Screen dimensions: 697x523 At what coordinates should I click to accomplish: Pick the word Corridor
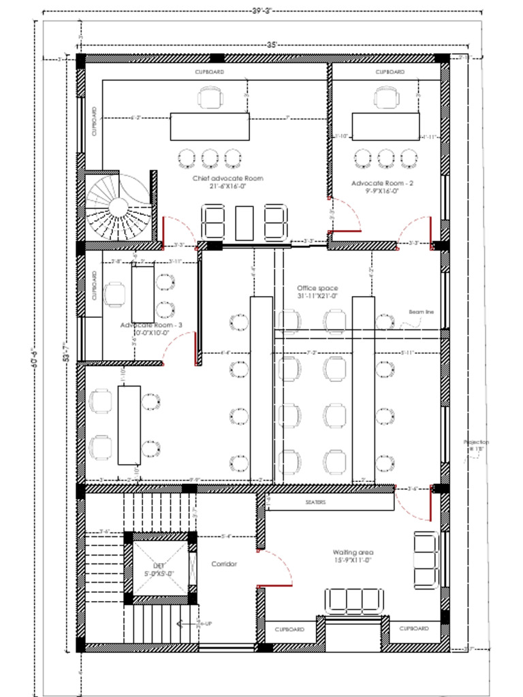[223, 564]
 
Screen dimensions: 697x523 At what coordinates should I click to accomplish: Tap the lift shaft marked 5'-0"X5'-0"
[159, 569]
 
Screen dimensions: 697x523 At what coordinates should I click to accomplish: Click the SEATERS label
[315, 502]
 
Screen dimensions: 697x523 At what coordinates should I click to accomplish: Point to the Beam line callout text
[421, 312]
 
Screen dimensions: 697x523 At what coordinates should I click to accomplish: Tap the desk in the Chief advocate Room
[210, 127]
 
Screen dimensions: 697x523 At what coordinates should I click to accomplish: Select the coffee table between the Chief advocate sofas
[244, 223]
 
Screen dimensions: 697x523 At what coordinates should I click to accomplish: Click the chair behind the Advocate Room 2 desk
[385, 97]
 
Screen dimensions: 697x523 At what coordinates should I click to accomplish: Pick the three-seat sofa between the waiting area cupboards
[353, 601]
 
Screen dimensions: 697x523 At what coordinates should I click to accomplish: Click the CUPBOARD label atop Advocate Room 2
[390, 71]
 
